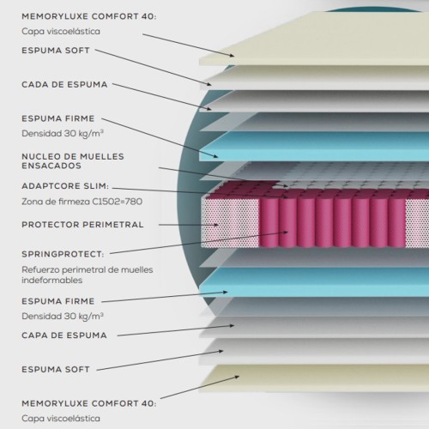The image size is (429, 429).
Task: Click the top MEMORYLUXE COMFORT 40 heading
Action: click(89, 16)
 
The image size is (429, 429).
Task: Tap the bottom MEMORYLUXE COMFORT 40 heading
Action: click(89, 403)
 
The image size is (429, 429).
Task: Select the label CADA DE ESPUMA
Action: click(64, 84)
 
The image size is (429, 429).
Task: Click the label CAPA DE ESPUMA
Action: click(64, 335)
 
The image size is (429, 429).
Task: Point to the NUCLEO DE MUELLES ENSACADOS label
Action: click(73, 161)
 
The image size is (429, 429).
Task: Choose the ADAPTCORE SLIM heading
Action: click(65, 186)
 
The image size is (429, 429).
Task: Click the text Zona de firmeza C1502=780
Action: click(82, 202)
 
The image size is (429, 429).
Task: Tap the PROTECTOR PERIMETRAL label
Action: click(82, 225)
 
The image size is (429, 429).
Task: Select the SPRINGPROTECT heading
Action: click(63, 254)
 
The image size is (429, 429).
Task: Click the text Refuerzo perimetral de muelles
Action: click(88, 269)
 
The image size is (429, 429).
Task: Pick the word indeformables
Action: click(52, 280)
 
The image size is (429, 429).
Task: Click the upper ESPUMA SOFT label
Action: click(56, 51)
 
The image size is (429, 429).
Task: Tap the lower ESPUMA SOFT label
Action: click(56, 369)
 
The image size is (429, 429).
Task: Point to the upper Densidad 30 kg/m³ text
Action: click(63, 134)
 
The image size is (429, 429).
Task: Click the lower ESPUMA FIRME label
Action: click(58, 301)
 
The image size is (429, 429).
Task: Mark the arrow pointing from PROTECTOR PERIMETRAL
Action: click(189, 225)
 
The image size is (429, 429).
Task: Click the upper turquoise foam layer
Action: click(314, 147)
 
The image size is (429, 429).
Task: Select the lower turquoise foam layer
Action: click(314, 282)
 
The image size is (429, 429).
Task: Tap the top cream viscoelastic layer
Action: click(314, 40)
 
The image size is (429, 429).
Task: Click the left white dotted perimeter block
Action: click(231, 223)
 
